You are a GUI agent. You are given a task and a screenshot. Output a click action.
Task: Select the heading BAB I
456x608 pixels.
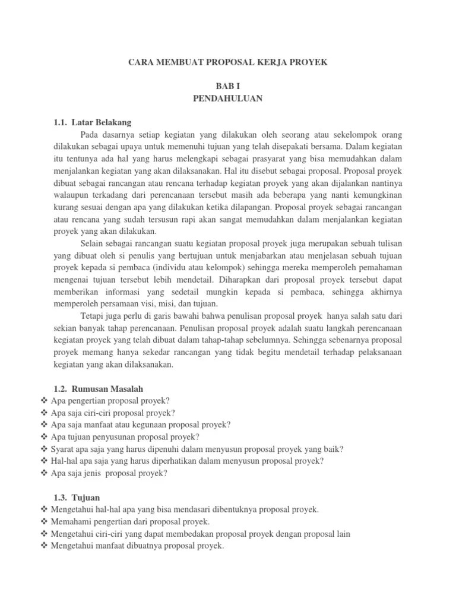(x=227, y=87)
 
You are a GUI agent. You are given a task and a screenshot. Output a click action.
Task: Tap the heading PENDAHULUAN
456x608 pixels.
(x=227, y=99)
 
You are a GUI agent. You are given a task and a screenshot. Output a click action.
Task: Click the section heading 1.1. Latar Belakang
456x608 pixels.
(x=92, y=122)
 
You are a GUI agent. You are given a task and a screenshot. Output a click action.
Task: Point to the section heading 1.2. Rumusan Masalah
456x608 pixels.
(x=98, y=388)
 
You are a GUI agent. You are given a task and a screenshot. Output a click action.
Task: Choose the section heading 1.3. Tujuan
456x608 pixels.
(x=77, y=498)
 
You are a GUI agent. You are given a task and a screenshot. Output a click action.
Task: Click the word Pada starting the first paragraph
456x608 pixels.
(x=91, y=134)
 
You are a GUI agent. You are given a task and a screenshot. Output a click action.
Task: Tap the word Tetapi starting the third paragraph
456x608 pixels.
(x=93, y=316)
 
